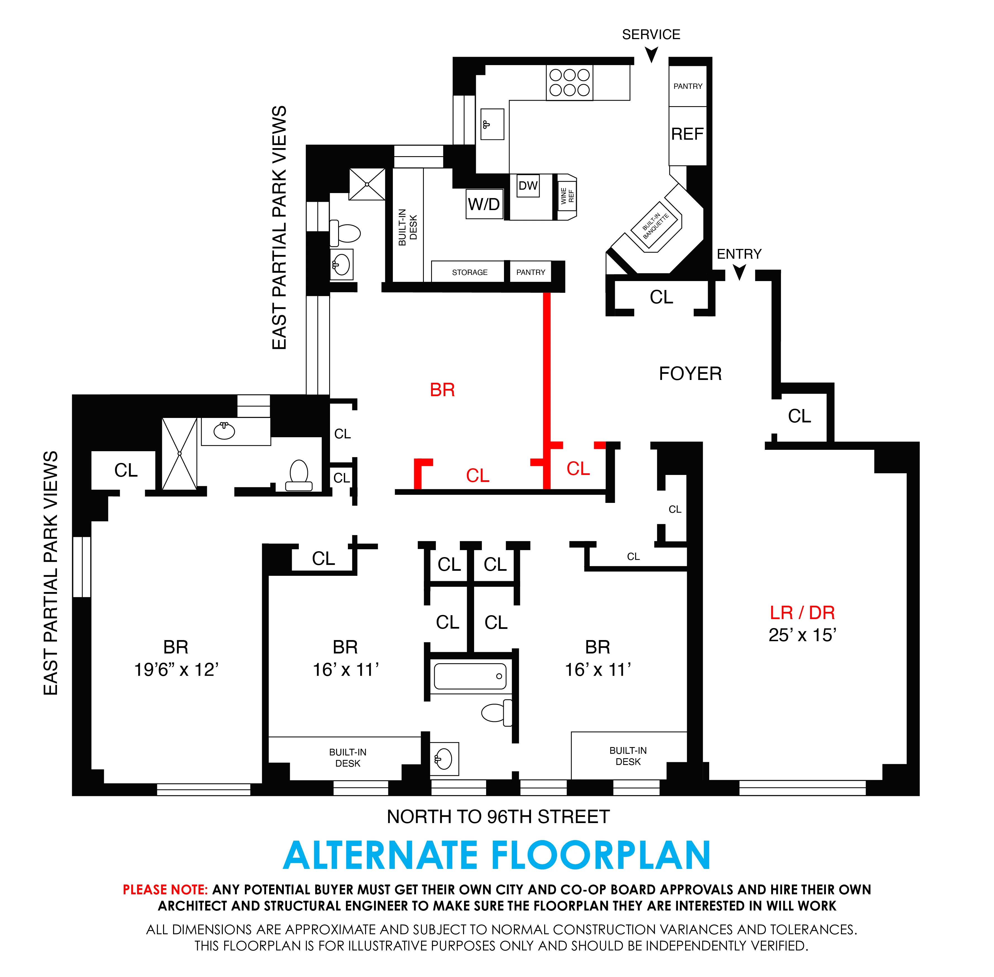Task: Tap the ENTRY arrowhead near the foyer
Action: [x=739, y=272]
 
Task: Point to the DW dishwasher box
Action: [x=528, y=186]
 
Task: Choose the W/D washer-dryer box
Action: [x=484, y=204]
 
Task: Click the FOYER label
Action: [x=690, y=374]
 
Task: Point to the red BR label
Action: [x=442, y=390]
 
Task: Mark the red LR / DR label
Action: [x=802, y=613]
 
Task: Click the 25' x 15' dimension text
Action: [x=802, y=635]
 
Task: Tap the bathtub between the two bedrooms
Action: [x=470, y=676]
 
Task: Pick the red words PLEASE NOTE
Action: [x=165, y=890]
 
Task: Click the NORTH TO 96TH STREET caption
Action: [x=498, y=816]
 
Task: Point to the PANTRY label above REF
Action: [x=688, y=86]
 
